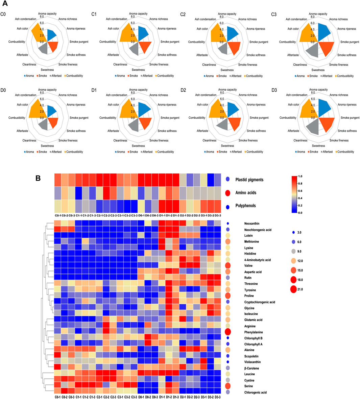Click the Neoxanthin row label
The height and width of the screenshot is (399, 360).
[x=252, y=224]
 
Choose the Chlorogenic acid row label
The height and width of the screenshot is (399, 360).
[x=255, y=393]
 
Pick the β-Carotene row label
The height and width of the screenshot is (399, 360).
[x=252, y=368]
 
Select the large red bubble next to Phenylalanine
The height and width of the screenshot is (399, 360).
[x=228, y=332]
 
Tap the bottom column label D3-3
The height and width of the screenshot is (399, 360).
[x=217, y=397]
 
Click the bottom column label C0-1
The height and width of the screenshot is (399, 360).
[x=57, y=397]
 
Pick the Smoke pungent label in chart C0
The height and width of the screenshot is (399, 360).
[x=79, y=42]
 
